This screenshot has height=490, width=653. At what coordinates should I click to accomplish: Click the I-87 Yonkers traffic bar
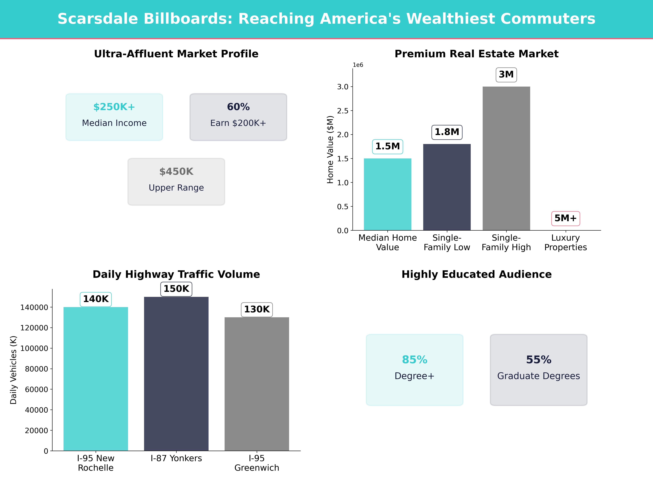(176, 374)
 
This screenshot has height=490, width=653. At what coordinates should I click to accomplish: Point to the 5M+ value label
(565, 218)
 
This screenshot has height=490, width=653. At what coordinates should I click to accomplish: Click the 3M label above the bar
(506, 74)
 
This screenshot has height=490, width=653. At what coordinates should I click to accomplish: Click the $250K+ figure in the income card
(114, 107)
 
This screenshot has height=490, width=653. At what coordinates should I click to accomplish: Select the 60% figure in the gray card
(238, 107)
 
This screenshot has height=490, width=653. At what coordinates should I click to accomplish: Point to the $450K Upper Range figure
(176, 172)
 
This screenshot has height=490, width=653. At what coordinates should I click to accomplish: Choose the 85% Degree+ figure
(415, 360)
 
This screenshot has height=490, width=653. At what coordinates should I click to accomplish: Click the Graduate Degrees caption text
(538, 376)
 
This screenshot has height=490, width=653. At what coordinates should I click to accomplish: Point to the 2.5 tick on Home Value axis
(343, 111)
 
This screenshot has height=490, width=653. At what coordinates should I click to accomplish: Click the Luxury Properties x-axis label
(565, 243)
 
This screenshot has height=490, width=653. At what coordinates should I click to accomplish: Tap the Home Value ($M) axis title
(330, 149)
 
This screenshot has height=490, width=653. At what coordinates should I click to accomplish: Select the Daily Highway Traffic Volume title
(176, 274)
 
